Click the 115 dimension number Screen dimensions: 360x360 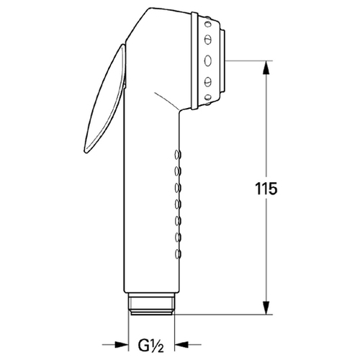(266, 189)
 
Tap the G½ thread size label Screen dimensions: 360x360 (151, 345)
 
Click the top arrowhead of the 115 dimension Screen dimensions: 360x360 (266, 67)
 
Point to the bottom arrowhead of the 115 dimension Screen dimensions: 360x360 (266, 307)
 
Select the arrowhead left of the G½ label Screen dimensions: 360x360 (122, 345)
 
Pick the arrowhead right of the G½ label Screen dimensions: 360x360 (181, 345)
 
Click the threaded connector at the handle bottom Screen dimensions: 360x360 (151, 304)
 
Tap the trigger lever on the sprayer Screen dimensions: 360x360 (105, 99)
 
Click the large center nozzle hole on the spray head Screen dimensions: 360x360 (208, 60)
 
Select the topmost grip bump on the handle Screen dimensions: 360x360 (178, 154)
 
